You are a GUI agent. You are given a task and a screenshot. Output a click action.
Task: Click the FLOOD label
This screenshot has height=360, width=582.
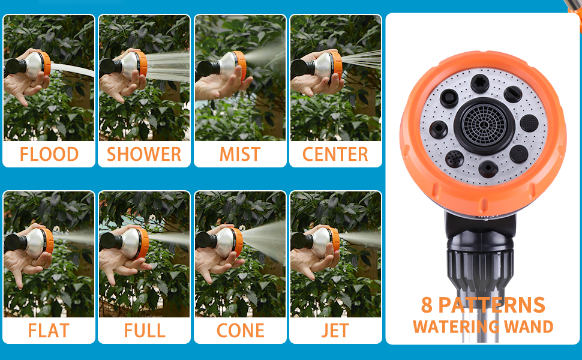pos(49,154)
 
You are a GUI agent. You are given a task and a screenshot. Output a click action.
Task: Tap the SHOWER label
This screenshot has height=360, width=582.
pos(144,154)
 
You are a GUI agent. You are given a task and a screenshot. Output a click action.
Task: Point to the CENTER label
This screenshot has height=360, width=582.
pos(335,154)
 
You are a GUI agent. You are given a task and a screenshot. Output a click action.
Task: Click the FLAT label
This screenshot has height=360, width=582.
pos(49,331)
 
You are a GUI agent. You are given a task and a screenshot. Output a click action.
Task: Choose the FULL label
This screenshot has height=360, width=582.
pos(144,331)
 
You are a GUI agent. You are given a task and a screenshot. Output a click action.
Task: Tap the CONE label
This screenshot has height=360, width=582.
pos(241,331)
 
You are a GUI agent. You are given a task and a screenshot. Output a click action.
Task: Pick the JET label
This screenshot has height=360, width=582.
pos(335,331)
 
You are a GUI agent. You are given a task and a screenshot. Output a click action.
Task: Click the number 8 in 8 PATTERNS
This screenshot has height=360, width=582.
pos(427,305)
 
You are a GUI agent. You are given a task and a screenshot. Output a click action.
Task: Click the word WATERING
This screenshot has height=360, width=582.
pos(456,326)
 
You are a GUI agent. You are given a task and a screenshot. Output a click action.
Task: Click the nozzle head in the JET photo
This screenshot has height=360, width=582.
pos(325,240)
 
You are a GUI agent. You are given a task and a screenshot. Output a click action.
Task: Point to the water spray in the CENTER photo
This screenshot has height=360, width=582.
pos(363,60)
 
